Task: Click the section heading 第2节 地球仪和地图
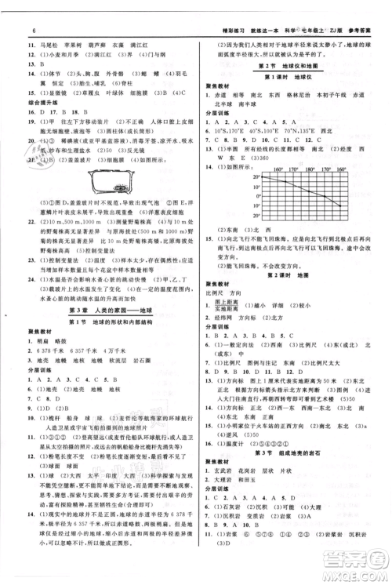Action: [287, 66]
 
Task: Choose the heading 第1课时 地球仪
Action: [287, 80]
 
